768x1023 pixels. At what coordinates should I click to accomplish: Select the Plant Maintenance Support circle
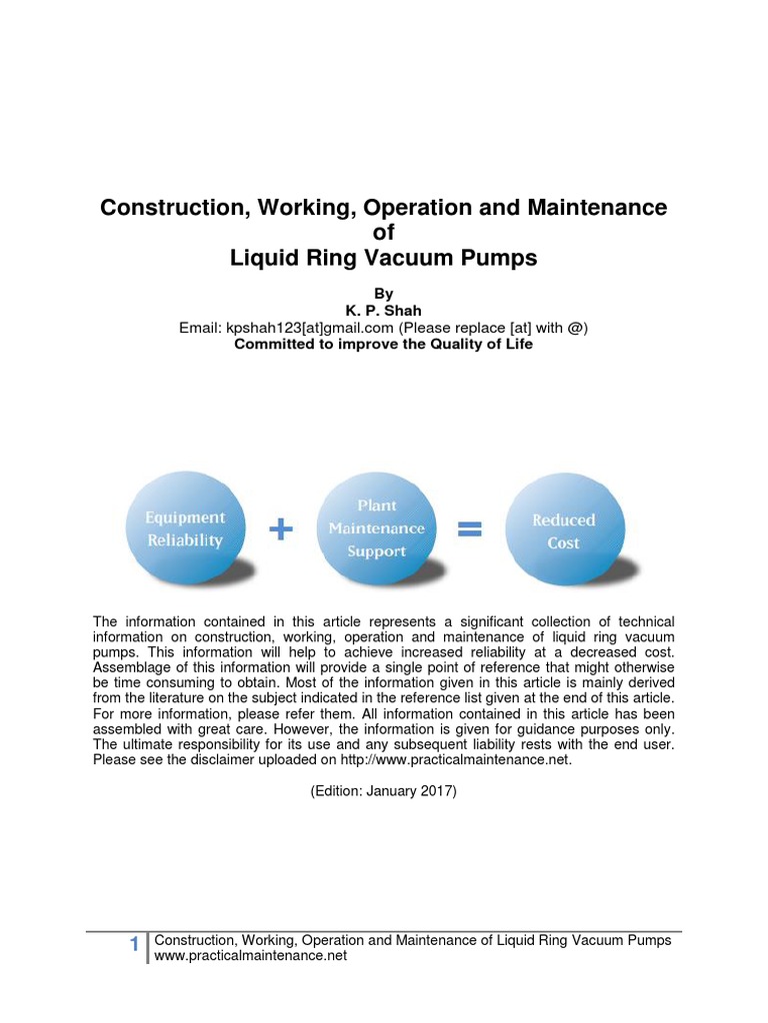[x=377, y=528]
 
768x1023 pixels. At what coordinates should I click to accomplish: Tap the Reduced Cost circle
[x=563, y=531]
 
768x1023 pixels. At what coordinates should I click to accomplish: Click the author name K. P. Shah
[x=383, y=311]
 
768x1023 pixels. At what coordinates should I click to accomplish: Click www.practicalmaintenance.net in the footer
[x=251, y=956]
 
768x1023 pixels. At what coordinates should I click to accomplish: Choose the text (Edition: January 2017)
[x=383, y=790]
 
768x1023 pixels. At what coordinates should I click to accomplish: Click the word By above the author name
[x=383, y=294]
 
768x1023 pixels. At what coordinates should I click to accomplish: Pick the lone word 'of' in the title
[x=383, y=233]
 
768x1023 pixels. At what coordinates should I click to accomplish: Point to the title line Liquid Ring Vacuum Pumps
[x=383, y=258]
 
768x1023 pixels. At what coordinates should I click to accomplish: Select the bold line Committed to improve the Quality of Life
[x=383, y=344]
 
